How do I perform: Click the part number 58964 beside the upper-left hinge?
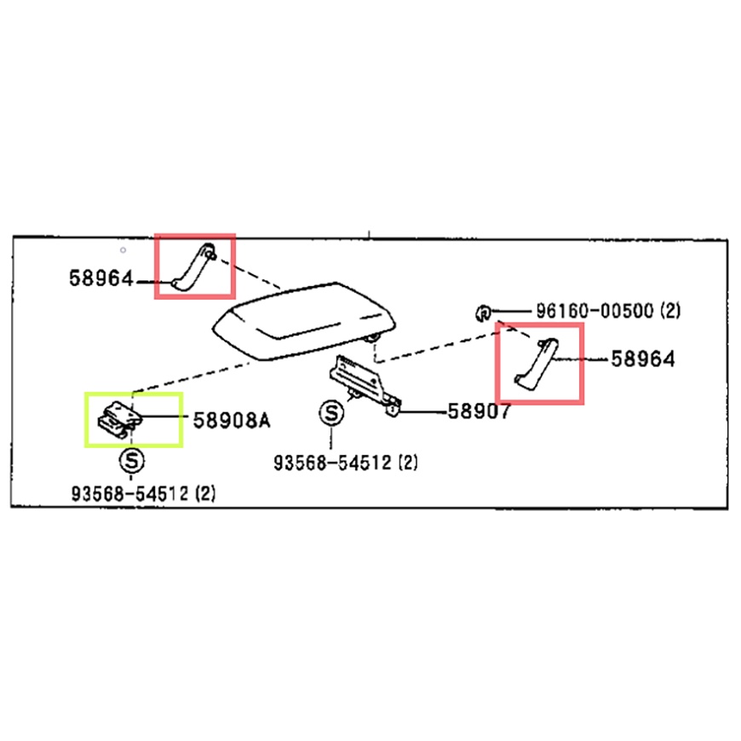(x=101, y=279)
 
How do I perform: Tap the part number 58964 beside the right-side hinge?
(x=643, y=359)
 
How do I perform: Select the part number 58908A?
(x=232, y=420)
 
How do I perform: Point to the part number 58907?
(x=479, y=411)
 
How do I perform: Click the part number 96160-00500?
(x=595, y=311)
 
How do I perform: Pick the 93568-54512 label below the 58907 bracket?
(x=333, y=462)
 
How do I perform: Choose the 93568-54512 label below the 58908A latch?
(x=130, y=494)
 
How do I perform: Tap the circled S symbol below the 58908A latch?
(x=132, y=460)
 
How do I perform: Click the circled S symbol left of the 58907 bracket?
(x=330, y=413)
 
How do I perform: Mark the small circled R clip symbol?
(x=483, y=313)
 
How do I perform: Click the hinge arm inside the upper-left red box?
(x=193, y=266)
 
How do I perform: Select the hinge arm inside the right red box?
(x=537, y=365)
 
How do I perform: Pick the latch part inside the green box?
(x=119, y=418)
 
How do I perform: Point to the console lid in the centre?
(x=304, y=320)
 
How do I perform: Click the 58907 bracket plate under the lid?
(x=365, y=385)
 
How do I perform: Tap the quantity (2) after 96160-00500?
(x=670, y=311)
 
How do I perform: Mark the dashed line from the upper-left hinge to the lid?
(x=248, y=273)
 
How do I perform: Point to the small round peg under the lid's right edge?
(x=374, y=338)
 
